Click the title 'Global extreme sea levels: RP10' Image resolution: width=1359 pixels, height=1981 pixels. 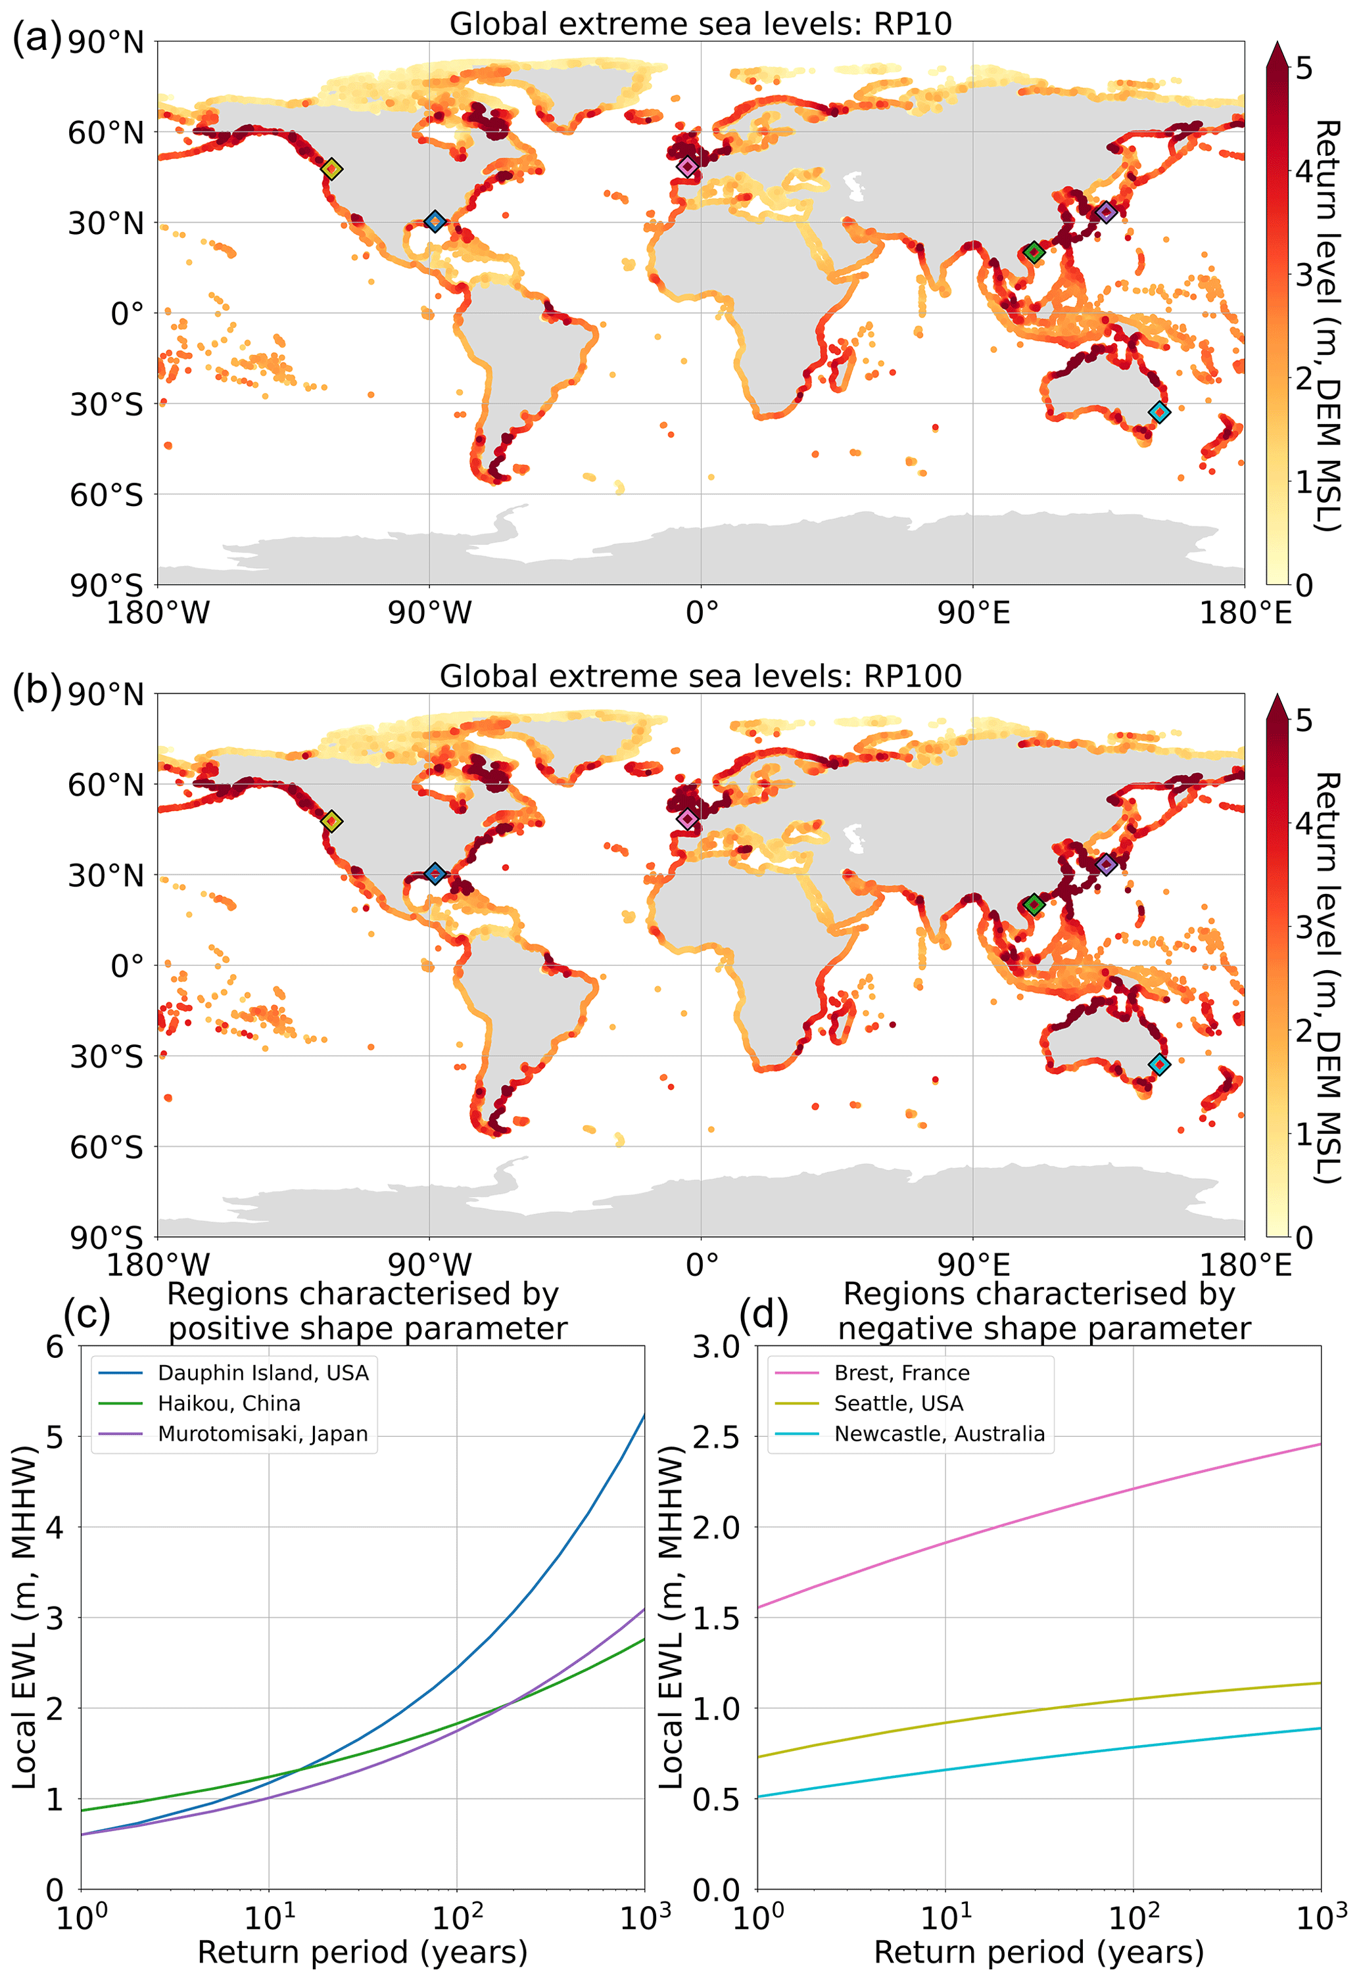tap(700, 24)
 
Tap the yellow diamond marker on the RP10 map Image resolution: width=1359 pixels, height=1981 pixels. tap(333, 169)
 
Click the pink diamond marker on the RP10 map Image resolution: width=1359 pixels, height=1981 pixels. tap(687, 166)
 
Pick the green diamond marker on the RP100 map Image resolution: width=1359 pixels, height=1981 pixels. tap(1034, 904)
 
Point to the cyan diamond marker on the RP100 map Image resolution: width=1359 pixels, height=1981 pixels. tap(1158, 1064)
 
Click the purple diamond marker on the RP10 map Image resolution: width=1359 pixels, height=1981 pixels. tap(1106, 212)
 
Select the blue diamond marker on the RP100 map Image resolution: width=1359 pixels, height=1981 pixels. tap(435, 874)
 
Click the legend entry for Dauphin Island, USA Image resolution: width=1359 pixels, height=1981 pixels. tap(262, 1372)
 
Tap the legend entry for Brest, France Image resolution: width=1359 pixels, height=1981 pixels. tap(901, 1372)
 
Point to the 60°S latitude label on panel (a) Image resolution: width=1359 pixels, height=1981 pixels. tap(107, 494)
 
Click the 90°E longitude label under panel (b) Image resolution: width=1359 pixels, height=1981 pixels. tap(973, 1265)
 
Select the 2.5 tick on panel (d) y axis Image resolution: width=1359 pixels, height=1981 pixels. tap(716, 1436)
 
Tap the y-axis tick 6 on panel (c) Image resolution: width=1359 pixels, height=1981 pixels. tap(55, 1347)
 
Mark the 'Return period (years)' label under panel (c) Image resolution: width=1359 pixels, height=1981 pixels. tap(362, 1951)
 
